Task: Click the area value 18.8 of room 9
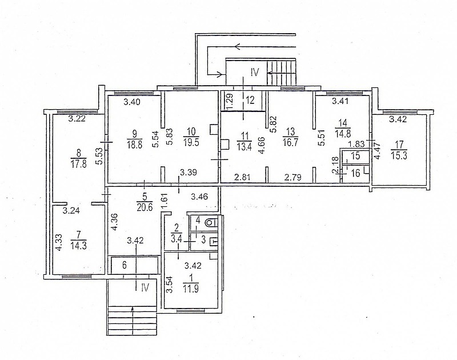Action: coord(135,144)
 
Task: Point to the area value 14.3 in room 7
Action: coord(78,245)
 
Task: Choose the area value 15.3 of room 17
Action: coord(399,155)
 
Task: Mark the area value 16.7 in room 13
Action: coord(290,143)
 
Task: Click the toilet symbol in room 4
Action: coord(211,223)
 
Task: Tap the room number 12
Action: coord(250,100)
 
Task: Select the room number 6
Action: coord(125,266)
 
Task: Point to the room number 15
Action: coord(355,156)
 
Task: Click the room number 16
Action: coord(356,173)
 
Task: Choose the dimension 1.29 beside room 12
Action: coord(229,101)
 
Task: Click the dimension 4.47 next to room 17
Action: coord(378,150)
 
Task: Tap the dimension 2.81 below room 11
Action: coord(242,177)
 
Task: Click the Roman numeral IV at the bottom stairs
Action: coord(145,287)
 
